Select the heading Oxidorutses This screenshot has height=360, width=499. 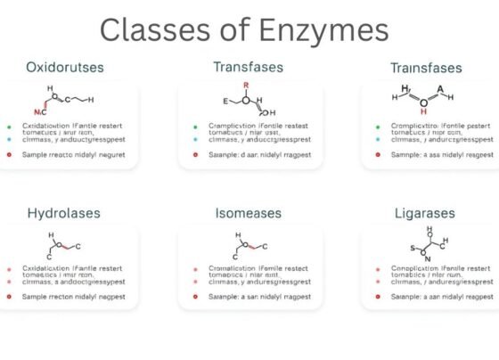66,67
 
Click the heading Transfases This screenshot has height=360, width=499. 248,67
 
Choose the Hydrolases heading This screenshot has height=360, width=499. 63,214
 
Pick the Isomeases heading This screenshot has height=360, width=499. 249,214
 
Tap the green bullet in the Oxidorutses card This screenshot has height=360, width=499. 8,128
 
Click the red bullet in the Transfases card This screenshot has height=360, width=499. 194,154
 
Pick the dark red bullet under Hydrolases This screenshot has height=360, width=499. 8,294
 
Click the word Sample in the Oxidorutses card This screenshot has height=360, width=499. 38,154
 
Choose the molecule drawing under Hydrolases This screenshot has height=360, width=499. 62,243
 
